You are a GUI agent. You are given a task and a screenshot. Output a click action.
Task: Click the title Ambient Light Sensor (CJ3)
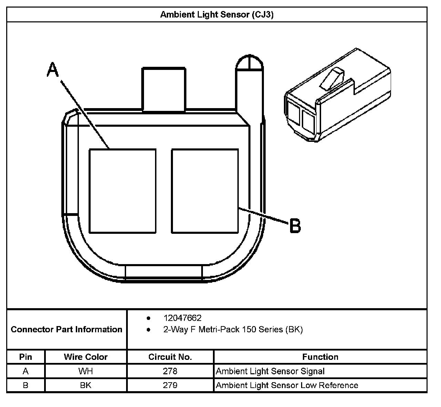click(x=217, y=15)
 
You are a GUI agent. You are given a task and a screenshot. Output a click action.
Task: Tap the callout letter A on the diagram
click(x=53, y=70)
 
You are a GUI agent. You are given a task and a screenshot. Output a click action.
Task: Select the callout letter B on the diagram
click(x=295, y=226)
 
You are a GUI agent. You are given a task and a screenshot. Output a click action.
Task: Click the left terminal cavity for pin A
click(x=122, y=191)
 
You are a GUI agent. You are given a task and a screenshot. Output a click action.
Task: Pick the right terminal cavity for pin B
click(x=205, y=191)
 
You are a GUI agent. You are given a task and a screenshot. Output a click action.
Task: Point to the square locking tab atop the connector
click(x=164, y=89)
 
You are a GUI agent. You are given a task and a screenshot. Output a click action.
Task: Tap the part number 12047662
click(x=182, y=318)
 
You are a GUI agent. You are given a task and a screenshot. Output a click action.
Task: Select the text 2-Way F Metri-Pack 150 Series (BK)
click(x=233, y=330)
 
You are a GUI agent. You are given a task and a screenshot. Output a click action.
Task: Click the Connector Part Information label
click(x=66, y=330)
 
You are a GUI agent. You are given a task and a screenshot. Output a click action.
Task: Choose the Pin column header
click(x=25, y=357)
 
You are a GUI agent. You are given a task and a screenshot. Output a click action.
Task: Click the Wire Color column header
click(x=85, y=357)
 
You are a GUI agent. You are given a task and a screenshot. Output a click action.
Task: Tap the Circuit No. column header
click(x=170, y=357)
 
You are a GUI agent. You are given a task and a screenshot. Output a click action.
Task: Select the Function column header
click(x=320, y=357)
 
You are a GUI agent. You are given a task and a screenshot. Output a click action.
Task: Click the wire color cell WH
click(x=85, y=371)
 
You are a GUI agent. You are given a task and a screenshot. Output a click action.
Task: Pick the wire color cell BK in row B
click(x=85, y=385)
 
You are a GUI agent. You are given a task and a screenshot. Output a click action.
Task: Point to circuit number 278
click(x=170, y=371)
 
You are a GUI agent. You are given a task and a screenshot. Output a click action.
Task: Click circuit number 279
click(x=170, y=385)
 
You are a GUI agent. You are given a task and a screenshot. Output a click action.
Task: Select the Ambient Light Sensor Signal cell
click(x=270, y=371)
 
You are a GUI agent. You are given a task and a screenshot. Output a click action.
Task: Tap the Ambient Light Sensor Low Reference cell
click(x=287, y=385)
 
